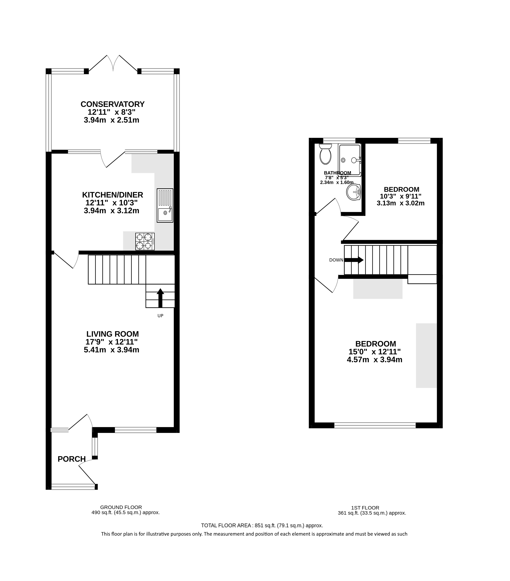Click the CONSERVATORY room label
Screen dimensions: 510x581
pos(113,104)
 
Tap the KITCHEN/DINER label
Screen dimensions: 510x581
pos(113,195)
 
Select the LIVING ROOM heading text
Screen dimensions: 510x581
pos(113,334)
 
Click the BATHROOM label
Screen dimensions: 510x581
pos(337,173)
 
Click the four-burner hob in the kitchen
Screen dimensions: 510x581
pos(145,242)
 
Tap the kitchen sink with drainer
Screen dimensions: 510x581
pos(165,205)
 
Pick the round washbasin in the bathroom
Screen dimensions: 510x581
pos(353,192)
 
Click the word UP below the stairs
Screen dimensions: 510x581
pos(160,316)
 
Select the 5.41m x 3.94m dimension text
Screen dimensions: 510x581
pos(111,350)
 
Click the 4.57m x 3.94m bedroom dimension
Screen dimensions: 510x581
pos(374,360)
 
